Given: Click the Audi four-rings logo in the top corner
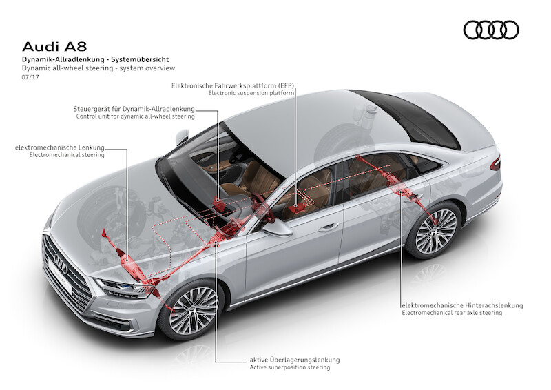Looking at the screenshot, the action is click(x=491, y=30).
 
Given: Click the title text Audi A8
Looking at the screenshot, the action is click(x=54, y=47).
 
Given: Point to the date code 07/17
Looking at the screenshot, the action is click(x=30, y=77).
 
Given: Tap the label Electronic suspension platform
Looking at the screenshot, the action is click(x=251, y=93).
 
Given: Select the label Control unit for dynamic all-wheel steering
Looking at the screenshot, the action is click(x=135, y=116).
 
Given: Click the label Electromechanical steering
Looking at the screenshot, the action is click(x=67, y=155).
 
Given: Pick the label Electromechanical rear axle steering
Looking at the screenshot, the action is click(x=452, y=313).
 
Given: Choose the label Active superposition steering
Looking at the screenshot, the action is click(x=290, y=367).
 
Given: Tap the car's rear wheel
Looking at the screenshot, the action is click(x=435, y=229).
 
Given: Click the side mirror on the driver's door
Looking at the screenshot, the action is click(x=278, y=228).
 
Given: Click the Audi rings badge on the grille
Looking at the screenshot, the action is click(x=61, y=263).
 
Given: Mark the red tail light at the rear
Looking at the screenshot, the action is click(x=495, y=163).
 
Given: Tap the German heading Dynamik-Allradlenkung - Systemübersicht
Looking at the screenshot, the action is click(x=95, y=59).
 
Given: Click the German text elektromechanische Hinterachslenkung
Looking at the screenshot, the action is click(x=462, y=305).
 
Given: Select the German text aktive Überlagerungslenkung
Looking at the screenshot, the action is click(x=295, y=360).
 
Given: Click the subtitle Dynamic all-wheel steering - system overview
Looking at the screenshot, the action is click(x=98, y=68).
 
